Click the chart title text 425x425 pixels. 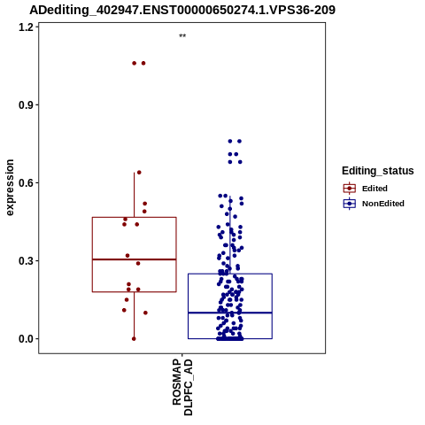182,11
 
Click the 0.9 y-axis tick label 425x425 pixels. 26,105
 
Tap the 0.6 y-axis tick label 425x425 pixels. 26,183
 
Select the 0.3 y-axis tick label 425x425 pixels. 26,261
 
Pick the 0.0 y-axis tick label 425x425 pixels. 26,339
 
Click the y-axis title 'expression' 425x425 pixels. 10,188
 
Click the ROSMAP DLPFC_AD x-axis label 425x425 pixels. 182,387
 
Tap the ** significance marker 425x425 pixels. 182,36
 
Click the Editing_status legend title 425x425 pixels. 378,171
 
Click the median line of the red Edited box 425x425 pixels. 135,259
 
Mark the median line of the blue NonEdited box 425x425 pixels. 230,313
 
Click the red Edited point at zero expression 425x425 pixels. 134,339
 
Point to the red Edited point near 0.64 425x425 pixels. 139,173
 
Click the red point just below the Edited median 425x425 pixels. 138,263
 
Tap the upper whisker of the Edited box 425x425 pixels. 135,195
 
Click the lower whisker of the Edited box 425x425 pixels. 135,315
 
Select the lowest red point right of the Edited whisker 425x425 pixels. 145,313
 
